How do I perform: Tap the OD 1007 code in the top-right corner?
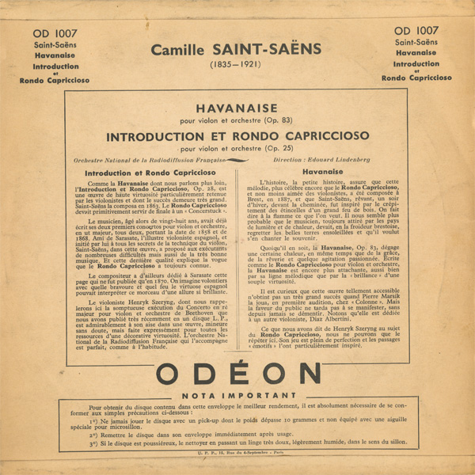(421, 30)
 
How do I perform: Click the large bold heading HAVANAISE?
(237, 107)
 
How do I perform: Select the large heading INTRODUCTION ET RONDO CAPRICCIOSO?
(237, 136)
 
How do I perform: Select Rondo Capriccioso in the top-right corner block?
(421, 78)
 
